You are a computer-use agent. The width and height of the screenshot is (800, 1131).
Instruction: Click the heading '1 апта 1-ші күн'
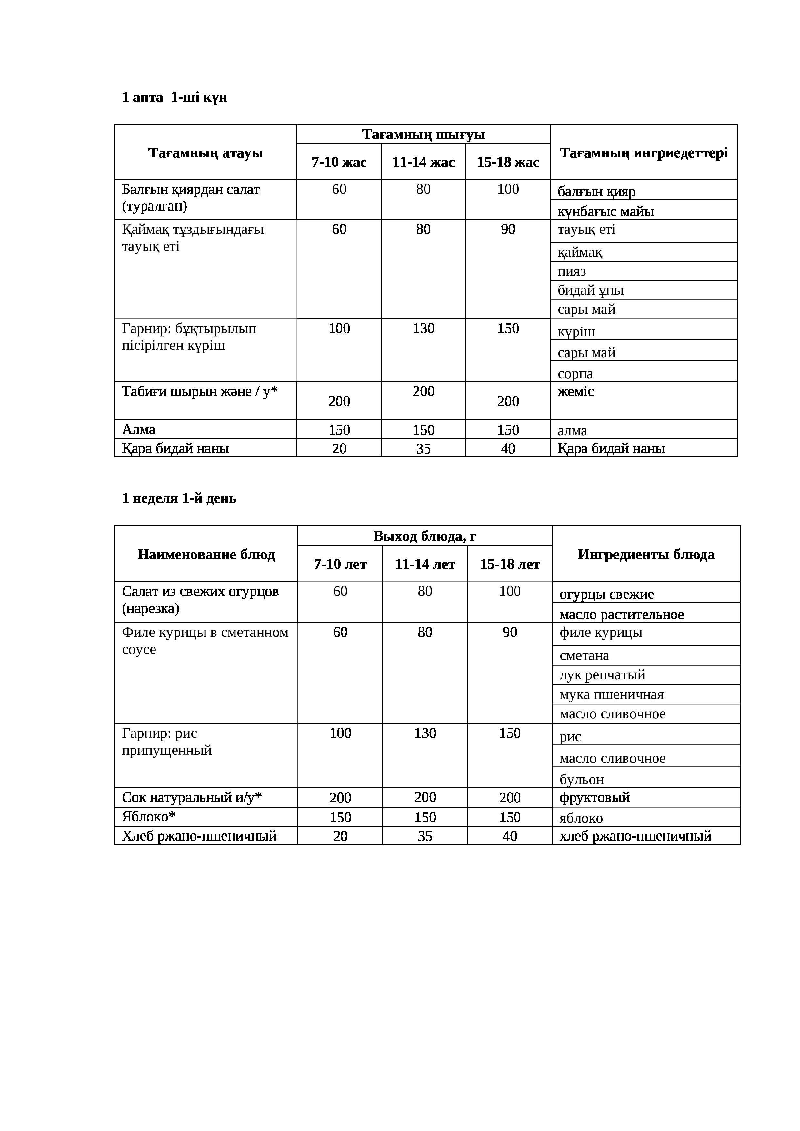(x=175, y=97)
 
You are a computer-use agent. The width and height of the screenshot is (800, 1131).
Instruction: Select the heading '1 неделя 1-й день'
(x=179, y=498)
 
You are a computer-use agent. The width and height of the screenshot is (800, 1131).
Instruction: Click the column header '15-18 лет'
(x=510, y=564)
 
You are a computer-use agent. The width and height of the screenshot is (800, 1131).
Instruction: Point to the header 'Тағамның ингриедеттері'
(x=643, y=153)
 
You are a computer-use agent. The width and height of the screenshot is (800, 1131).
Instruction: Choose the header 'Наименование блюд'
(x=206, y=555)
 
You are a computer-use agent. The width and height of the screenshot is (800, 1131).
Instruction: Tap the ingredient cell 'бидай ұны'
(x=591, y=290)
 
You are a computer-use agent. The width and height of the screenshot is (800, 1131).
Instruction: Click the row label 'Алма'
(x=138, y=429)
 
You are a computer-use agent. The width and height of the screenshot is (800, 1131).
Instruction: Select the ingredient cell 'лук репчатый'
(x=602, y=675)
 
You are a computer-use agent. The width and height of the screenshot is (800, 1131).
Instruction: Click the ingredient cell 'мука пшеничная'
(x=611, y=694)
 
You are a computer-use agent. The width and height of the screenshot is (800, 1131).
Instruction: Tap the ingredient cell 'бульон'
(x=582, y=779)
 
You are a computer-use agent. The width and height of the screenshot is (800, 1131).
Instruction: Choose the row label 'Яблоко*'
(x=148, y=817)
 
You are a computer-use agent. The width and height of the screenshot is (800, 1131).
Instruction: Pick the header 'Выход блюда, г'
(x=425, y=536)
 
